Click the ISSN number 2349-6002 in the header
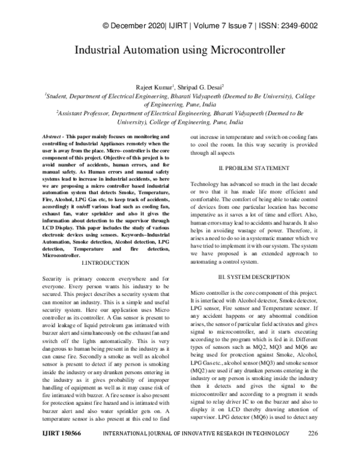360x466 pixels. (297, 25)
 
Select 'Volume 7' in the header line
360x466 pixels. (206, 25)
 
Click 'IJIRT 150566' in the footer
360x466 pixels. (62, 450)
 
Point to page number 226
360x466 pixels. (313, 450)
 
